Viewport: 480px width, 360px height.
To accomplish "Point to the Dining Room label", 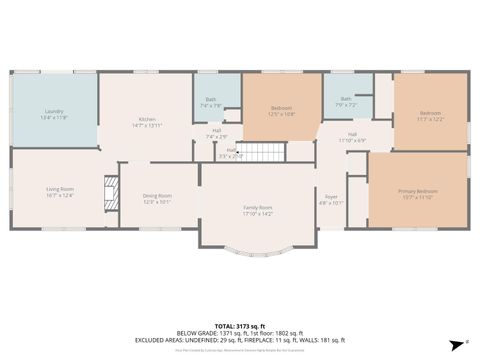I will coord(157,198).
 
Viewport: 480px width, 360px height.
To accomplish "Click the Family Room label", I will coord(258,209).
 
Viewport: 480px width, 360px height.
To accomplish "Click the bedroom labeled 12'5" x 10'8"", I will coord(280,111).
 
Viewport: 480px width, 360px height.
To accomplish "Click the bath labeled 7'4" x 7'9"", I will coord(211,102).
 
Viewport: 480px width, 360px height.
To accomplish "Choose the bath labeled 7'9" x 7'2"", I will coord(346,101).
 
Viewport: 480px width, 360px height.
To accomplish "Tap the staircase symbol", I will coord(265,152).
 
